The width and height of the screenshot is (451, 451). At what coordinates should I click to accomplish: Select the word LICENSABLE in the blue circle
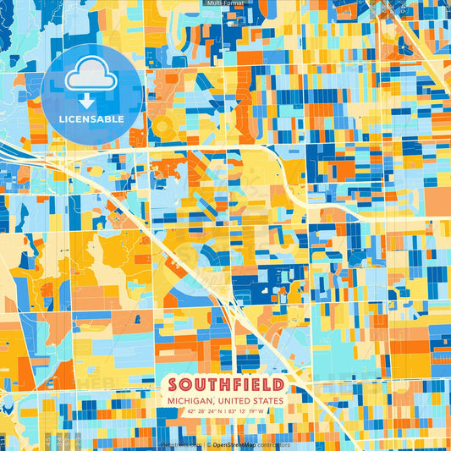click(x=91, y=119)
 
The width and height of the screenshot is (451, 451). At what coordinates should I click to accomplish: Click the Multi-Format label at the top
click(x=225, y=3)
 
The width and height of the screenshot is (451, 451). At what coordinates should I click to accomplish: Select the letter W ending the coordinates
click(x=263, y=411)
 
